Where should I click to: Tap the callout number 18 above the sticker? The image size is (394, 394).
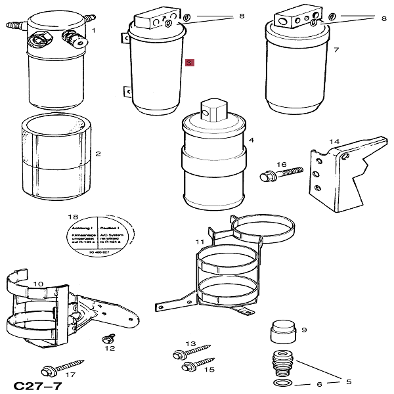pyautogui.click(x=74, y=217)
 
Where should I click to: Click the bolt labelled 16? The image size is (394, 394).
pyautogui.click(x=278, y=175)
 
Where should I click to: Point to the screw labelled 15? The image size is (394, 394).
pyautogui.click(x=196, y=365)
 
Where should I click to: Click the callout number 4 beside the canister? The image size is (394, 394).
pyautogui.click(x=252, y=141)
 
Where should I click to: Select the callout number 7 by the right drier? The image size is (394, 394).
pyautogui.click(x=336, y=49)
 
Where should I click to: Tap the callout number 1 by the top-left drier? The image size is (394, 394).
pyautogui.click(x=93, y=30)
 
